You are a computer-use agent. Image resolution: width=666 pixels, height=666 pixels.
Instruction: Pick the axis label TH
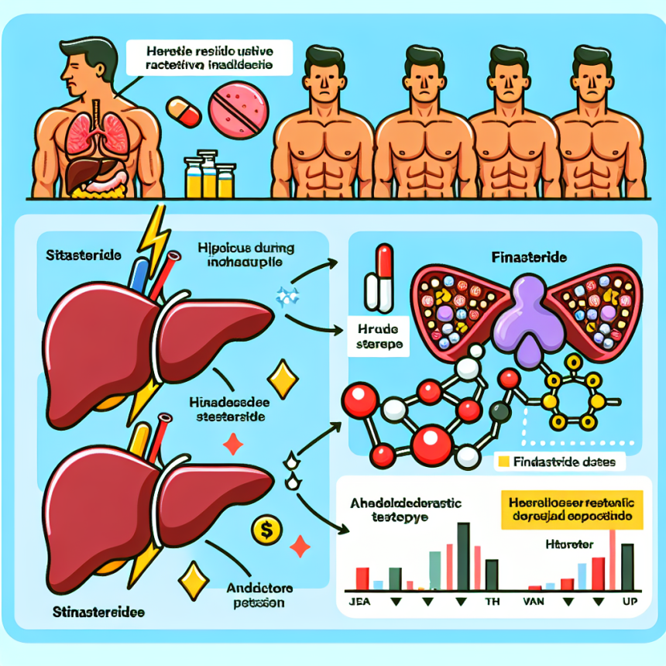(493, 602)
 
